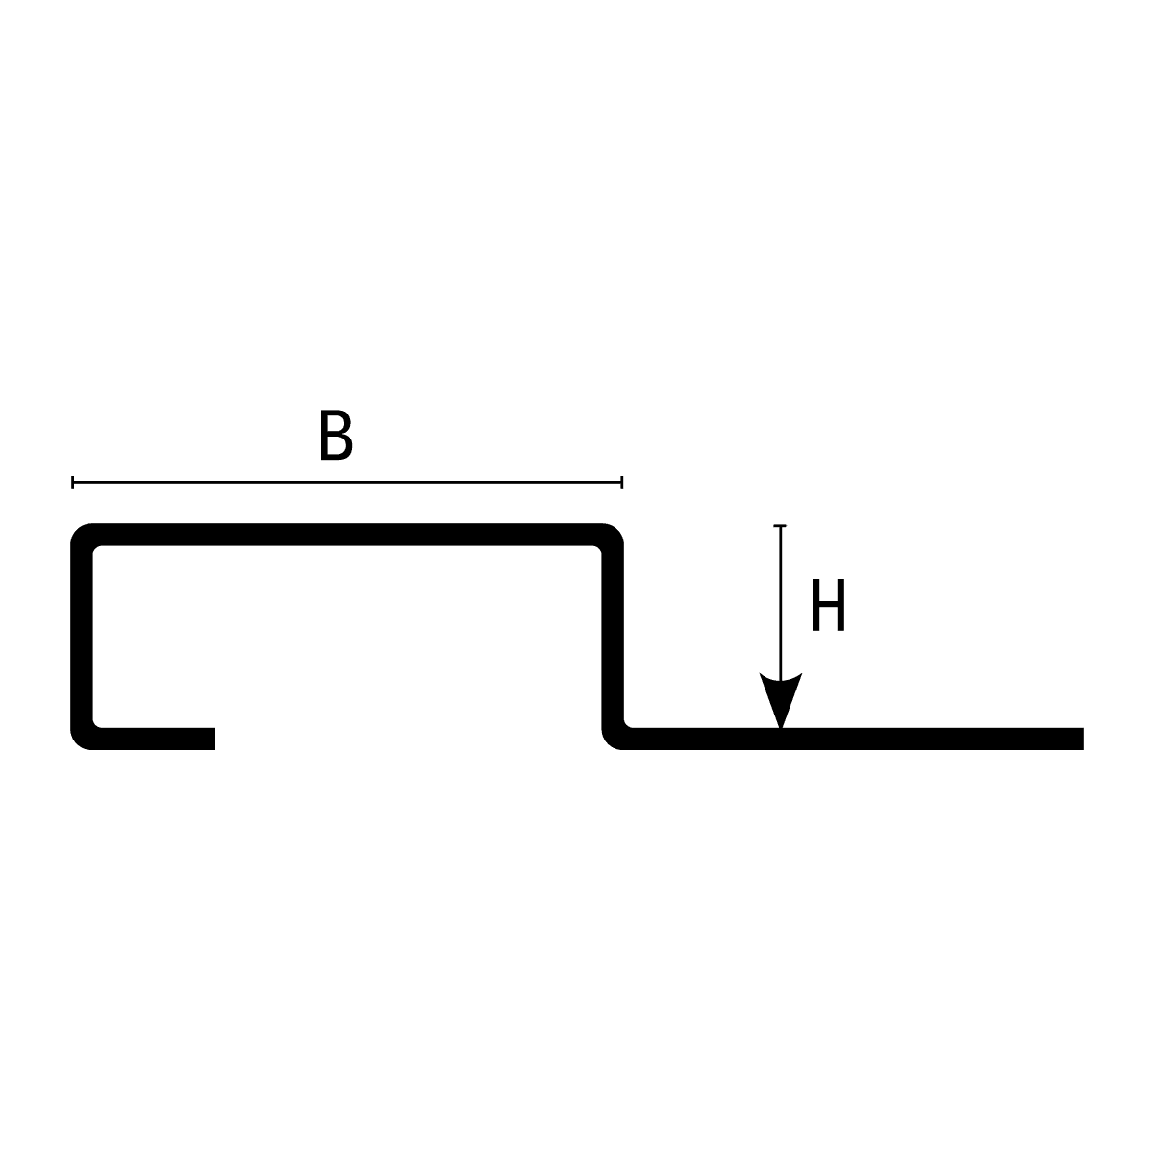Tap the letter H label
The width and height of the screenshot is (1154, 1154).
828,607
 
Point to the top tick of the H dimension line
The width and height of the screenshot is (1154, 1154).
780,526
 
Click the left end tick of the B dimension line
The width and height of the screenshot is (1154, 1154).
73,482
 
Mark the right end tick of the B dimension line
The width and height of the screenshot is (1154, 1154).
622,482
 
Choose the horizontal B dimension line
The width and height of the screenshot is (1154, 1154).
346,482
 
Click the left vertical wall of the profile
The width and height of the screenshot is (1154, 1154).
82,635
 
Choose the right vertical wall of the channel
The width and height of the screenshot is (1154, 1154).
613,635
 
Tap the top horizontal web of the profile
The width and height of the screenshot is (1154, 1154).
346,535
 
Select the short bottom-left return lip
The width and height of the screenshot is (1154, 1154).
154,739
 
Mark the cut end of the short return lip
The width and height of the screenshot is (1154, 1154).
213,739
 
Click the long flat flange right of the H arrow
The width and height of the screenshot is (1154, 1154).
933,739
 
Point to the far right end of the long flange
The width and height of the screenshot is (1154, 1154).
1081,739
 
